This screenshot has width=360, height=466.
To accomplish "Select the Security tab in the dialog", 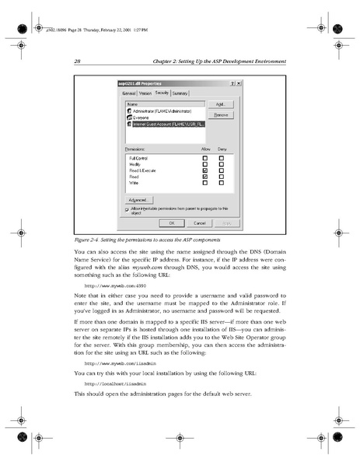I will click(162, 93).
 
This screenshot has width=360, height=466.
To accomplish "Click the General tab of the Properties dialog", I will click(129, 93).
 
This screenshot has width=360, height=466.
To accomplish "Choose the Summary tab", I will click(180, 93).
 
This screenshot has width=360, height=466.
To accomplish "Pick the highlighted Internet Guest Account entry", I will click(166, 123).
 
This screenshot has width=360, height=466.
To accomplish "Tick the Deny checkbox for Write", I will click(222, 183).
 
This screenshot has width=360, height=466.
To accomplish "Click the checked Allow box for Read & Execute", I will click(204, 170).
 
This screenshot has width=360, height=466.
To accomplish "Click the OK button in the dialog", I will click(171, 222).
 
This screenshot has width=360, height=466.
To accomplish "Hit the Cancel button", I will click(199, 222).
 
